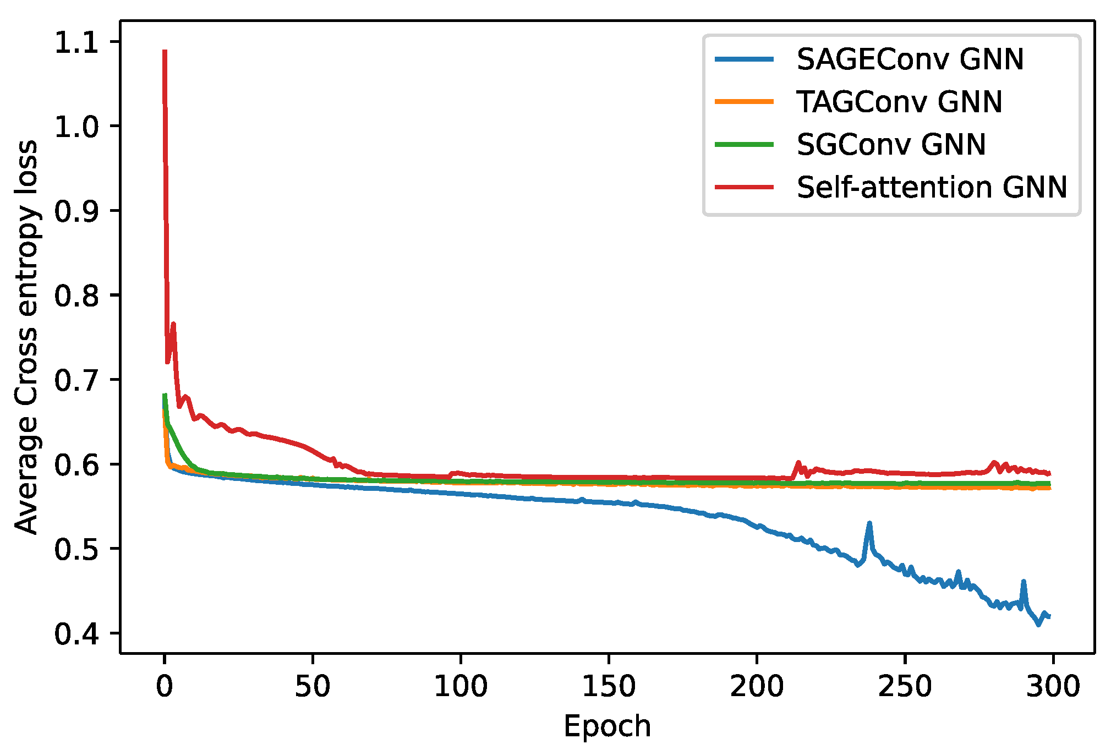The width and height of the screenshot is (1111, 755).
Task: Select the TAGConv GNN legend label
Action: point(899,102)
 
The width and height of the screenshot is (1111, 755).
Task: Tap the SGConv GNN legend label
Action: point(891,145)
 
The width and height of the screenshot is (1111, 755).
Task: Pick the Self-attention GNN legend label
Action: point(932,188)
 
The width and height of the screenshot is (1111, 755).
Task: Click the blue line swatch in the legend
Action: point(744,59)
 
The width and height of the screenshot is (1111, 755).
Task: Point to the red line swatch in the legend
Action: point(744,187)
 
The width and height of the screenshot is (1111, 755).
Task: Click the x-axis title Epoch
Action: point(607,726)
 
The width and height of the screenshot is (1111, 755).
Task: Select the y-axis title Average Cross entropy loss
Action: point(26,337)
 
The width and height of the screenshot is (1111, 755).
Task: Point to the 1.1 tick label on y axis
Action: point(76,42)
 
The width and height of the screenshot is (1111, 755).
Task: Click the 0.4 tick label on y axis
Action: point(76,634)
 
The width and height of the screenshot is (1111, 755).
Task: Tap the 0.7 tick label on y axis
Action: point(76,380)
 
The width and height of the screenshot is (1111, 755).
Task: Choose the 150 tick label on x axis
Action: point(609,686)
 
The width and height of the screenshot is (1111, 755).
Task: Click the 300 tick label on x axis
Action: point(1053,686)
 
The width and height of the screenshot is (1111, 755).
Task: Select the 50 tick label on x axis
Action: point(313,686)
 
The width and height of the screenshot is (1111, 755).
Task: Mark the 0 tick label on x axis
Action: point(165,686)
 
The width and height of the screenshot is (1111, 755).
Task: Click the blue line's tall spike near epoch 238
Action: point(869,523)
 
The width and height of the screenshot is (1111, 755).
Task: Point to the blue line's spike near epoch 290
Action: point(1024,582)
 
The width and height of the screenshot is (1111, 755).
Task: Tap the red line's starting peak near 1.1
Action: point(165,52)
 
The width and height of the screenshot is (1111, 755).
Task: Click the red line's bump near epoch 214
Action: point(798,463)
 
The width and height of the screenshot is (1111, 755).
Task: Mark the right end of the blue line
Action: point(1049,616)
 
